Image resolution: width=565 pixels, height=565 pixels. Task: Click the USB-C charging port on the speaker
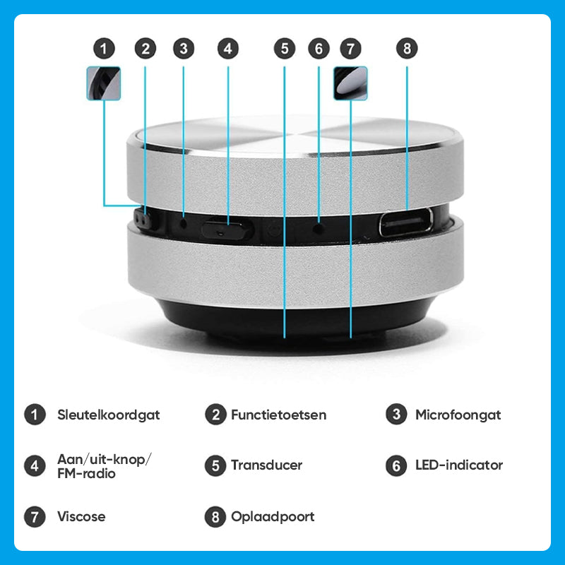[405, 222]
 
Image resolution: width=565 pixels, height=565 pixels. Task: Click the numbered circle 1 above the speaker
[104, 49]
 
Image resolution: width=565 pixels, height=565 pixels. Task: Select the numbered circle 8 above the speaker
[407, 49]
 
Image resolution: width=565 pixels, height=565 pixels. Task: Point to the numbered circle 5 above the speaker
[285, 49]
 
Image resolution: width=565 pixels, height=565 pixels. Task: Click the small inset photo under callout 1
[104, 83]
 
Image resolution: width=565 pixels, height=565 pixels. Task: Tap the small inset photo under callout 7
[350, 83]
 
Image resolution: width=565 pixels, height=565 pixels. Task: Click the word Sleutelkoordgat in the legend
[109, 415]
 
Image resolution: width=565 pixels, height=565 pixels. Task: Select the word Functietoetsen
[278, 415]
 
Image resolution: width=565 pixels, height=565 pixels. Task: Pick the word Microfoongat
[458, 415]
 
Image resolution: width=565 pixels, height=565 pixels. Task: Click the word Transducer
[267, 465]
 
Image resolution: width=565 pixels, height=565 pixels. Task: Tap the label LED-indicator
[459, 465]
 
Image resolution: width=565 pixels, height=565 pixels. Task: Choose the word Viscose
[81, 517]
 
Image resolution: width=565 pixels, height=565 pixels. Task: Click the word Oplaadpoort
[273, 518]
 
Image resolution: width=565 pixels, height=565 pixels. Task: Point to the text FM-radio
[86, 473]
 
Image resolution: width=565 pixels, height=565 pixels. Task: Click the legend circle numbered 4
[35, 465]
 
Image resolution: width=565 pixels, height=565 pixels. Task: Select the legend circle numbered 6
[396, 465]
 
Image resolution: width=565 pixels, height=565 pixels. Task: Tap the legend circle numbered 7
[35, 517]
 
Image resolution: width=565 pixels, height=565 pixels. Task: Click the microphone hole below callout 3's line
[184, 224]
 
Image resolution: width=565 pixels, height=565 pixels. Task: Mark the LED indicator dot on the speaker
[319, 228]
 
